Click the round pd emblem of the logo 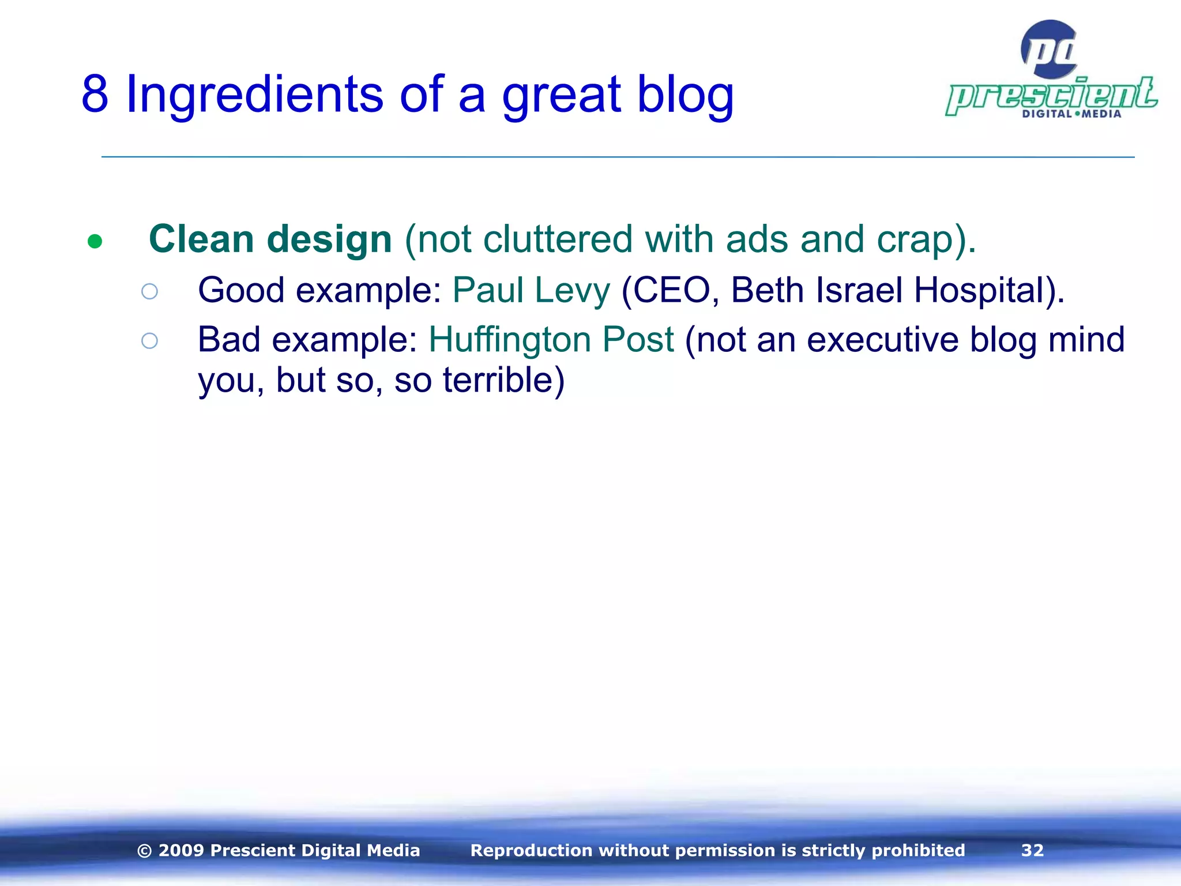1049,50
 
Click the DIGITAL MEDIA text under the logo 1071,114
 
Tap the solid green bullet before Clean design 95,241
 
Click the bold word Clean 201,239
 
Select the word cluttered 558,239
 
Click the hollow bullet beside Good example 149,291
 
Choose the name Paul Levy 531,290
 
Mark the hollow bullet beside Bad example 149,341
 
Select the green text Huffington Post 551,339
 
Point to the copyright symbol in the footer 145,851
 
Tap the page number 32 1032,850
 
